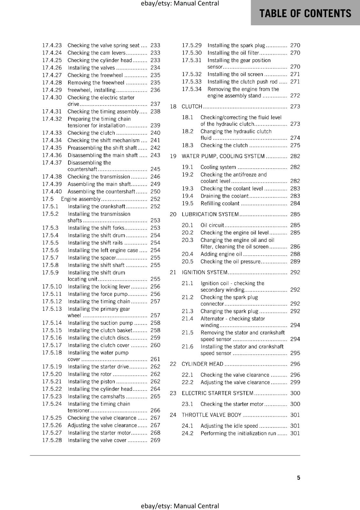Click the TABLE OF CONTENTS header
[x=305, y=13]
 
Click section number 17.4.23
[x=52, y=45]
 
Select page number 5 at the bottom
[x=299, y=477]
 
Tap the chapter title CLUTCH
[x=192, y=106]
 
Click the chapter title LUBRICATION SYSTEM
[x=210, y=214]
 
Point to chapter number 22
[x=173, y=364]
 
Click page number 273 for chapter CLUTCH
[x=295, y=106]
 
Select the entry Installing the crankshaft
[x=97, y=207]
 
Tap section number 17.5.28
[x=52, y=440]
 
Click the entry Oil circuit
[x=212, y=225]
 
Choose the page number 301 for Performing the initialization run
[x=295, y=433]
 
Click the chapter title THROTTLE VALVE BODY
[x=212, y=415]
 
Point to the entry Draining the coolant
[x=224, y=196]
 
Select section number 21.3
[x=188, y=311]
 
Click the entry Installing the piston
[x=91, y=382]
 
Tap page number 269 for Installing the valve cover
[x=155, y=440]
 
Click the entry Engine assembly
[x=81, y=199]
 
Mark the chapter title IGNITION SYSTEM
[x=205, y=272]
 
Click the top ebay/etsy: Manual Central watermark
[x=180, y=4]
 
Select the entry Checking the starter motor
[x=232, y=404]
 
